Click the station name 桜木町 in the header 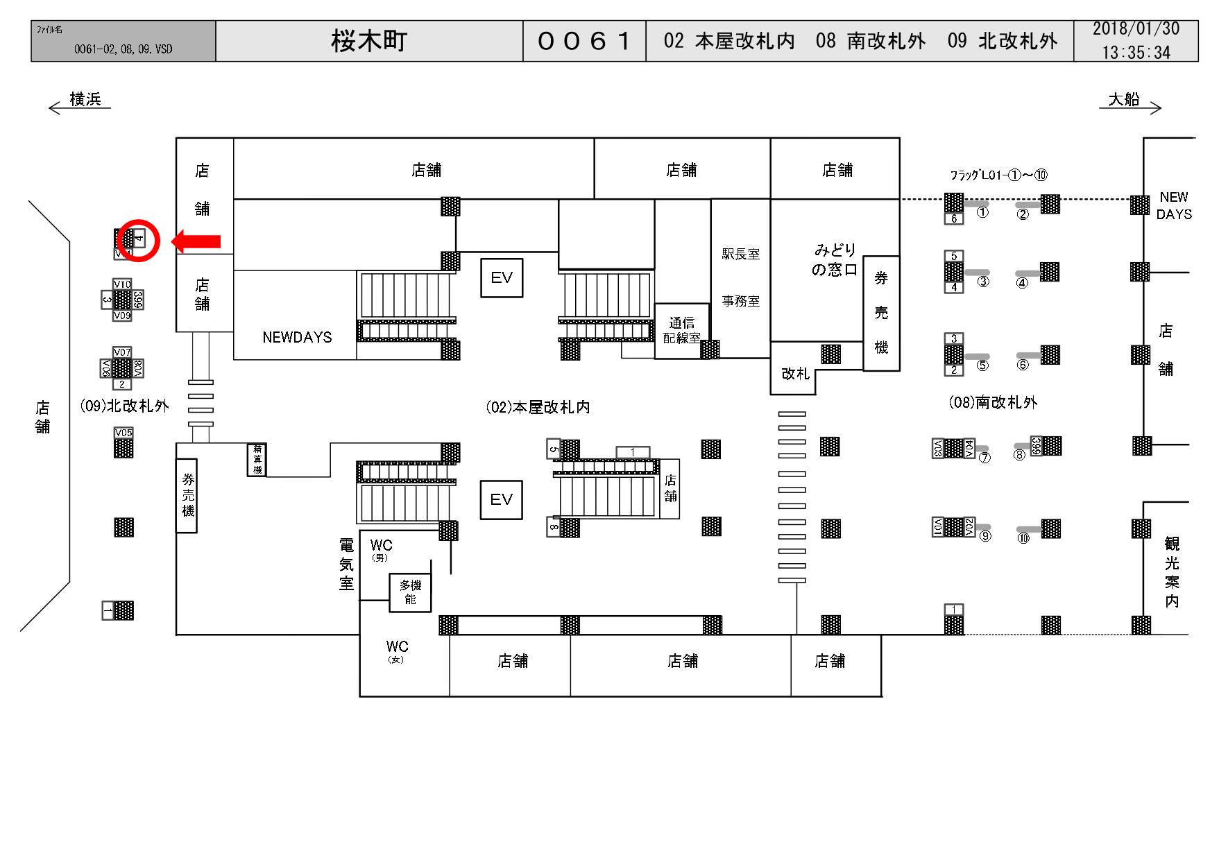click(368, 41)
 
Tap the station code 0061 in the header click(583, 41)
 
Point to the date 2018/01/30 click(1135, 29)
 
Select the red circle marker click(138, 240)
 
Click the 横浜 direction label click(85, 100)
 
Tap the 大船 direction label click(1124, 100)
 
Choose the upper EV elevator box click(502, 278)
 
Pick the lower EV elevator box click(501, 500)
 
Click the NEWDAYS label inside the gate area click(297, 337)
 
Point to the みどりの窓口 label click(835, 259)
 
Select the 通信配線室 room click(681, 330)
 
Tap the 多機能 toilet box click(410, 592)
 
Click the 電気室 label click(346, 564)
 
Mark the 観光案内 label click(1172, 572)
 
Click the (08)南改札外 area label click(992, 402)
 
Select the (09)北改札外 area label click(124, 406)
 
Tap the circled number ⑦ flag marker click(984, 458)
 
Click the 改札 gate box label click(795, 374)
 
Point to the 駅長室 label click(740, 254)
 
